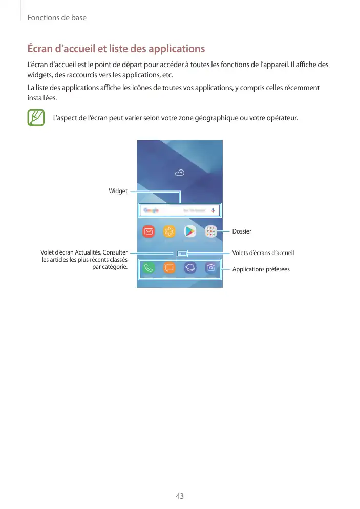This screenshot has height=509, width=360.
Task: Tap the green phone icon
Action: pos(149,268)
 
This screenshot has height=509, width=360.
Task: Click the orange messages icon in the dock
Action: pos(169,268)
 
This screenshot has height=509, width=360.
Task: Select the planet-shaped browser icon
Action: pos(190,268)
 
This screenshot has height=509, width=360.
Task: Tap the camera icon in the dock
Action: pos(210,268)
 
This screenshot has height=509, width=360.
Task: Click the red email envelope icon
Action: pos(149,231)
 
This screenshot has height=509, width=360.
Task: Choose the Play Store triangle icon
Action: pos(190,231)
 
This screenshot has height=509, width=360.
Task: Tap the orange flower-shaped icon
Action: pos(169,231)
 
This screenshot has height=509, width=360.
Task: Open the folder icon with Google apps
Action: pos(210,231)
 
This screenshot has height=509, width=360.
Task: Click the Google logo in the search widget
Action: pos(151,210)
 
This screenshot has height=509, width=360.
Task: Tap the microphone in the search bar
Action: pos(213,210)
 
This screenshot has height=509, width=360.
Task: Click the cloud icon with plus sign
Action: pos(180,173)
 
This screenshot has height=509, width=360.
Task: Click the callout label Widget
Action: pos(118,191)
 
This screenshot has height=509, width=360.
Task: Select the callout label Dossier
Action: pos(242,231)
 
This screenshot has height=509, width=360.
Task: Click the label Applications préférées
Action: pos(261,269)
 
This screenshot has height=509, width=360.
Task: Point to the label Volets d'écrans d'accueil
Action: pos(263,253)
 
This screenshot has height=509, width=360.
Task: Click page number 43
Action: pos(180,496)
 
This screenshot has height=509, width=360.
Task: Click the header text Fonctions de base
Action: pos(57,18)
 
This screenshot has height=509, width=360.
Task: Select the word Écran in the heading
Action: pos(41,49)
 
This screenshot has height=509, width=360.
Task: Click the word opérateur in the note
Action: pos(281,118)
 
